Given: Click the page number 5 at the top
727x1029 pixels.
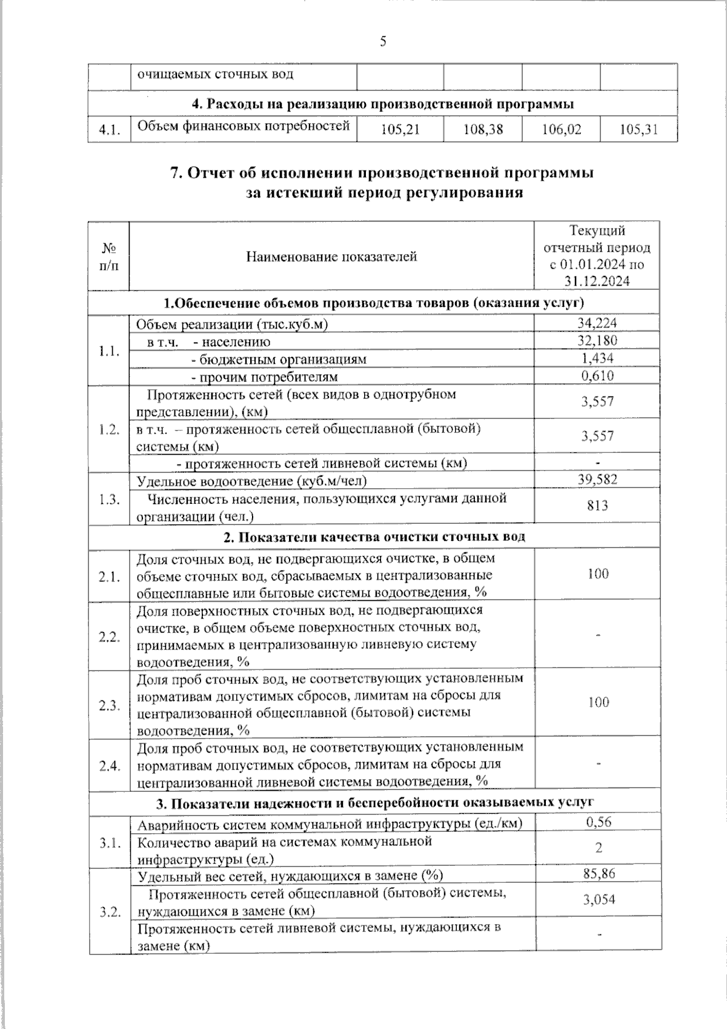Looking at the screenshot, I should (x=383, y=42).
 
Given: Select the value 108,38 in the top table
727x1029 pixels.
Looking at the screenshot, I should (x=483, y=129).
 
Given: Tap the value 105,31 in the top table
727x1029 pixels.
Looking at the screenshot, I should (x=639, y=129).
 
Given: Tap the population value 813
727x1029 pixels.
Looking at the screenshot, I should (x=597, y=506).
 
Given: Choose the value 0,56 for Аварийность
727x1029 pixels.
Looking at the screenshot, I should (x=598, y=822).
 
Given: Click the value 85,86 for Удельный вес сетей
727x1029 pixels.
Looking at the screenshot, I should (x=598, y=874).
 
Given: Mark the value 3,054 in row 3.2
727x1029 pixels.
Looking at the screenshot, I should (x=599, y=900).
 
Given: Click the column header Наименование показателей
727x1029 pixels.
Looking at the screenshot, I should (x=331, y=256).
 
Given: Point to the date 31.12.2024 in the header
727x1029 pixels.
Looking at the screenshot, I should (x=597, y=281).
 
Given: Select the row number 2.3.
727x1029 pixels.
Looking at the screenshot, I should (x=110, y=705).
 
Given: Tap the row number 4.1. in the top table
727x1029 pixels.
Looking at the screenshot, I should (x=110, y=130).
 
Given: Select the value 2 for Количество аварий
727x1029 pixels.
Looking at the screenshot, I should (x=598, y=848).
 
